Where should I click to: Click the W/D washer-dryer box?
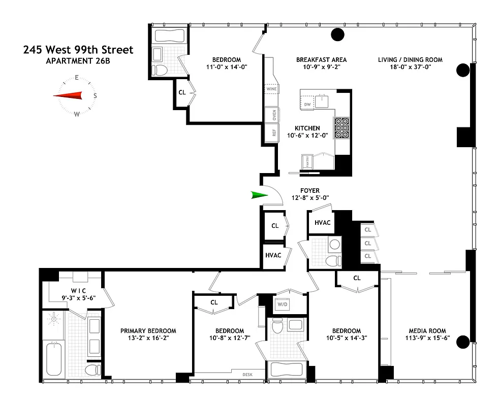tap(282, 304)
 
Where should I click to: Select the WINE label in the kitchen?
tap(271, 89)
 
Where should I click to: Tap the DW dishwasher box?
tap(307, 105)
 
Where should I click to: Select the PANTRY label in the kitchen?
tap(307, 162)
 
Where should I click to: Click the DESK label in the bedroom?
tap(248, 375)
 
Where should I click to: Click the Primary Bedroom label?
tap(148, 331)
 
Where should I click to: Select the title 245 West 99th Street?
tap(78, 50)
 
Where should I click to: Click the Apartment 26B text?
tap(78, 61)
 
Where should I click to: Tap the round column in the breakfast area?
tap(337, 35)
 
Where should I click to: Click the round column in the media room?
tap(462, 342)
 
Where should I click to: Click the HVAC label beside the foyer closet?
tap(273, 255)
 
